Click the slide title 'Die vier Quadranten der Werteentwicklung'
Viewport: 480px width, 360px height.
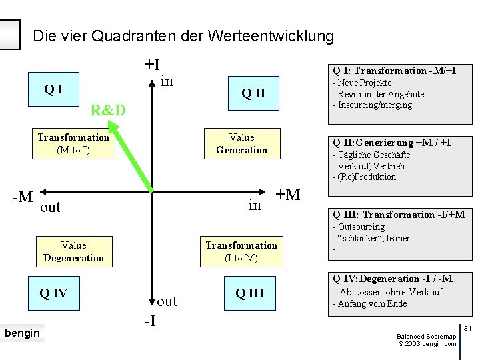coord(183,35)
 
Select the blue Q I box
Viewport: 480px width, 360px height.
coord(53,89)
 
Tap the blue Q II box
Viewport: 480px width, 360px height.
coord(253,93)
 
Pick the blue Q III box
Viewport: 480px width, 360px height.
coord(249,293)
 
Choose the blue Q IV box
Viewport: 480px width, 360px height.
coord(53,293)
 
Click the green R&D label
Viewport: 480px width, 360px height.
coord(108,110)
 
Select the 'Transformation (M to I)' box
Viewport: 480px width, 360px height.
coord(73,143)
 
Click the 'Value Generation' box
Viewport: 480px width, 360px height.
coord(241,143)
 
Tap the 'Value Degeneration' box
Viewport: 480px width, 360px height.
coord(73,251)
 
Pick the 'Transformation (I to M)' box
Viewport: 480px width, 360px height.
coord(241,251)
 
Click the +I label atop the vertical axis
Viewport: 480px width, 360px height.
coord(152,65)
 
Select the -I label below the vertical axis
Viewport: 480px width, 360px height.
coord(151,321)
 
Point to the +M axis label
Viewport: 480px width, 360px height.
coord(288,195)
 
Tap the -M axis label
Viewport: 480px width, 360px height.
coord(23,197)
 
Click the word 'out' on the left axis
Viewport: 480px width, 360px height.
coord(51,207)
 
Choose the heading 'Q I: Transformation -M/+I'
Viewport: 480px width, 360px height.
coord(395,71)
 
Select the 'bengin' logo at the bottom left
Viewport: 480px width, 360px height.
coord(22,333)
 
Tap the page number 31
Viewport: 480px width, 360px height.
coord(467,328)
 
